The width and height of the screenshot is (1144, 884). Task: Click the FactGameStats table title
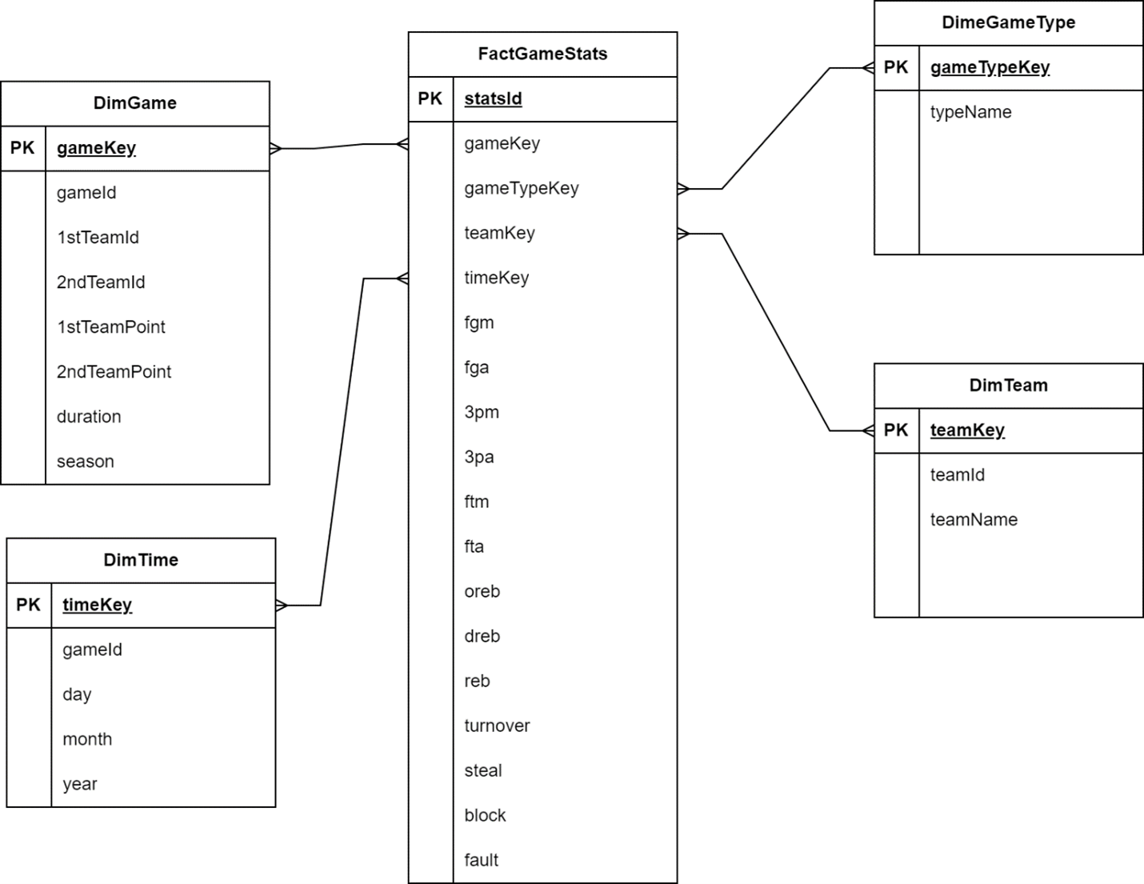pyautogui.click(x=542, y=54)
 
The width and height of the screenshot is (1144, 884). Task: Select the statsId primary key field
pyautogui.click(x=493, y=98)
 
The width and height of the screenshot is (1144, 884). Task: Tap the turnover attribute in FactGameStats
pyautogui.click(x=497, y=726)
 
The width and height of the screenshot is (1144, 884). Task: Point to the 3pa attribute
pyautogui.click(x=478, y=457)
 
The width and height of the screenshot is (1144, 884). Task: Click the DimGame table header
pyautogui.click(x=134, y=103)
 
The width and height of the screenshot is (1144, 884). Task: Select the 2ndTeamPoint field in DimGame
pyautogui.click(x=114, y=372)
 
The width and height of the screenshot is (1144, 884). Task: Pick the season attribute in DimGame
pyautogui.click(x=85, y=462)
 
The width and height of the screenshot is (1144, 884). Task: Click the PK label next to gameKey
pyautogui.click(x=22, y=148)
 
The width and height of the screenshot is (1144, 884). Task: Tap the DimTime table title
pyautogui.click(x=141, y=560)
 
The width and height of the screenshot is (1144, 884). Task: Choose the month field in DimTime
pyautogui.click(x=87, y=739)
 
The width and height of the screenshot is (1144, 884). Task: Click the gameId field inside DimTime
pyautogui.click(x=92, y=650)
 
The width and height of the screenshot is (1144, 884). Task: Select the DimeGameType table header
pyautogui.click(x=1008, y=22)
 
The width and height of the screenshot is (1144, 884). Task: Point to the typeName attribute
pyautogui.click(x=970, y=112)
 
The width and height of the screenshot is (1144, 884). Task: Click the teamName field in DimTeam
pyautogui.click(x=974, y=520)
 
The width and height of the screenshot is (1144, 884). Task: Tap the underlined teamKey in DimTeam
pyautogui.click(x=967, y=430)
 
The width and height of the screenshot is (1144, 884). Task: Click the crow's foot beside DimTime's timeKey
pyautogui.click(x=282, y=606)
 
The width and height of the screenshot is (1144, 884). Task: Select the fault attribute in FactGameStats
pyautogui.click(x=481, y=860)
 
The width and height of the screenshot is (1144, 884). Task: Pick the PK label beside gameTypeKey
pyautogui.click(x=896, y=67)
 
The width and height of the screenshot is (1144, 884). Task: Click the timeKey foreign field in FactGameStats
pyautogui.click(x=496, y=278)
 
